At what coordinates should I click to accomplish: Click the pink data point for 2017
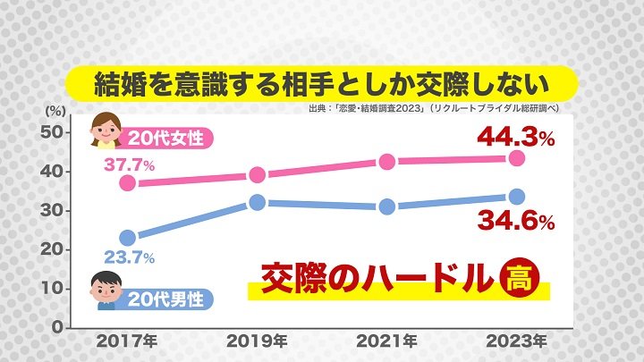coord(128,182)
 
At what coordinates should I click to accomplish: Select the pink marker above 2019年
coord(258,174)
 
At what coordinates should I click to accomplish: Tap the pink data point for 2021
coord(387,162)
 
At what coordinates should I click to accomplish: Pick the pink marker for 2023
coord(516,157)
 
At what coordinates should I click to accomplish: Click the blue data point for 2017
coord(128,238)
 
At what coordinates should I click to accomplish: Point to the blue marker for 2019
coord(258,202)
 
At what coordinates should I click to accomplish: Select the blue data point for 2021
coord(387,206)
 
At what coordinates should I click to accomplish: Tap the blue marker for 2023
coord(516,197)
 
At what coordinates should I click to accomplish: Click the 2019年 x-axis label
coord(258,341)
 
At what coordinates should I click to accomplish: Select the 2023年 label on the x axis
coord(516,341)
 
